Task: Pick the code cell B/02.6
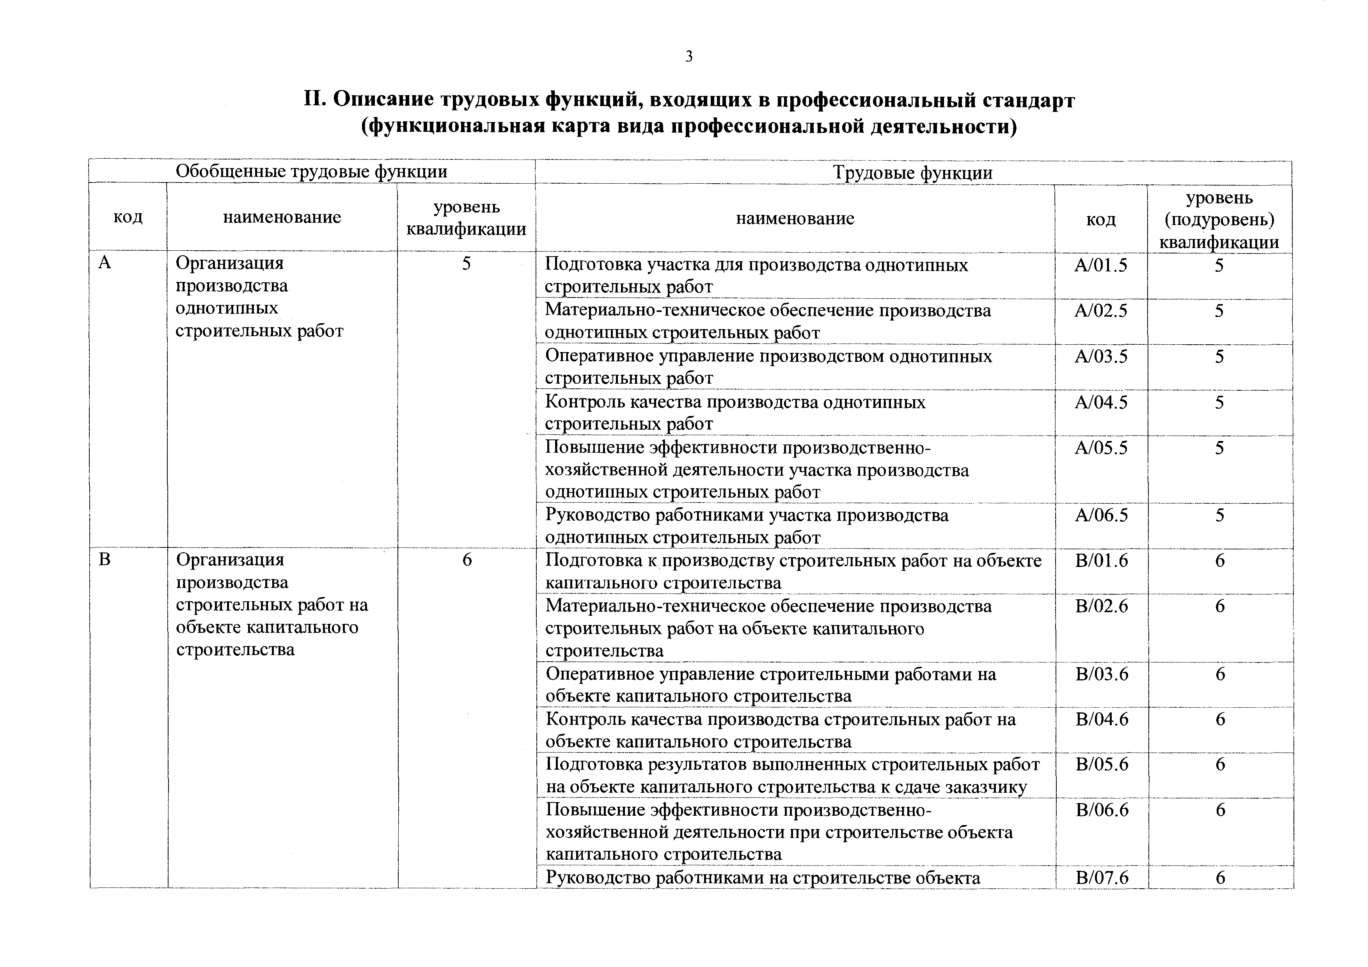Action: click(1102, 607)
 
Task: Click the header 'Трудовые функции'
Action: click(912, 173)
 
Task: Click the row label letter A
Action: click(105, 262)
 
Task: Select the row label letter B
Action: click(105, 560)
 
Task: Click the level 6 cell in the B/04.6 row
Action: click(1220, 720)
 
